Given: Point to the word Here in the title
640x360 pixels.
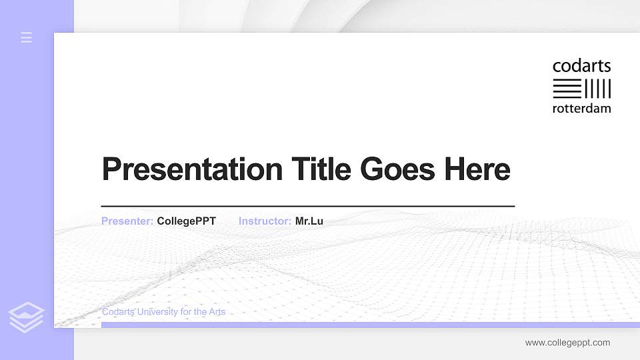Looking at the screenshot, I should pyautogui.click(x=477, y=169).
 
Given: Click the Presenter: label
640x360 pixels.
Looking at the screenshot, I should pyautogui.click(x=127, y=221).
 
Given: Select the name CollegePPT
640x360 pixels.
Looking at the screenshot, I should pyautogui.click(x=187, y=221).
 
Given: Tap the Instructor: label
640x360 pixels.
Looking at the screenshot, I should pyautogui.click(x=265, y=221).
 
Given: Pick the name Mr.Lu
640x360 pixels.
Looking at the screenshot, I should pyautogui.click(x=309, y=221).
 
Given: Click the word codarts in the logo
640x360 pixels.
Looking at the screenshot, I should pyautogui.click(x=581, y=67).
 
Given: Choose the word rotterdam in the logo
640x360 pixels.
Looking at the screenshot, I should pyautogui.click(x=581, y=109).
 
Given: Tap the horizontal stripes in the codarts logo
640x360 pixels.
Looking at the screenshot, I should pyautogui.click(x=567, y=89).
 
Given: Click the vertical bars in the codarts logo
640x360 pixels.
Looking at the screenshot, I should pyautogui.click(x=598, y=89).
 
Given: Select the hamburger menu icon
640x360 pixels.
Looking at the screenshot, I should pyautogui.click(x=27, y=37).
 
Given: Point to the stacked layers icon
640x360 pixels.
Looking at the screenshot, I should pyautogui.click(x=27, y=317).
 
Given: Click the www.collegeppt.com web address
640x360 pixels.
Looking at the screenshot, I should pyautogui.click(x=567, y=343).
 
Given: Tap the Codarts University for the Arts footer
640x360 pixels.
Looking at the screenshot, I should pyautogui.click(x=163, y=312).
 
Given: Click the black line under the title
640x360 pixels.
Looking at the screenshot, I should pyautogui.click(x=308, y=207).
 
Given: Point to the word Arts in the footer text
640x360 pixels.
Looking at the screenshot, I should pyautogui.click(x=217, y=312).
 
